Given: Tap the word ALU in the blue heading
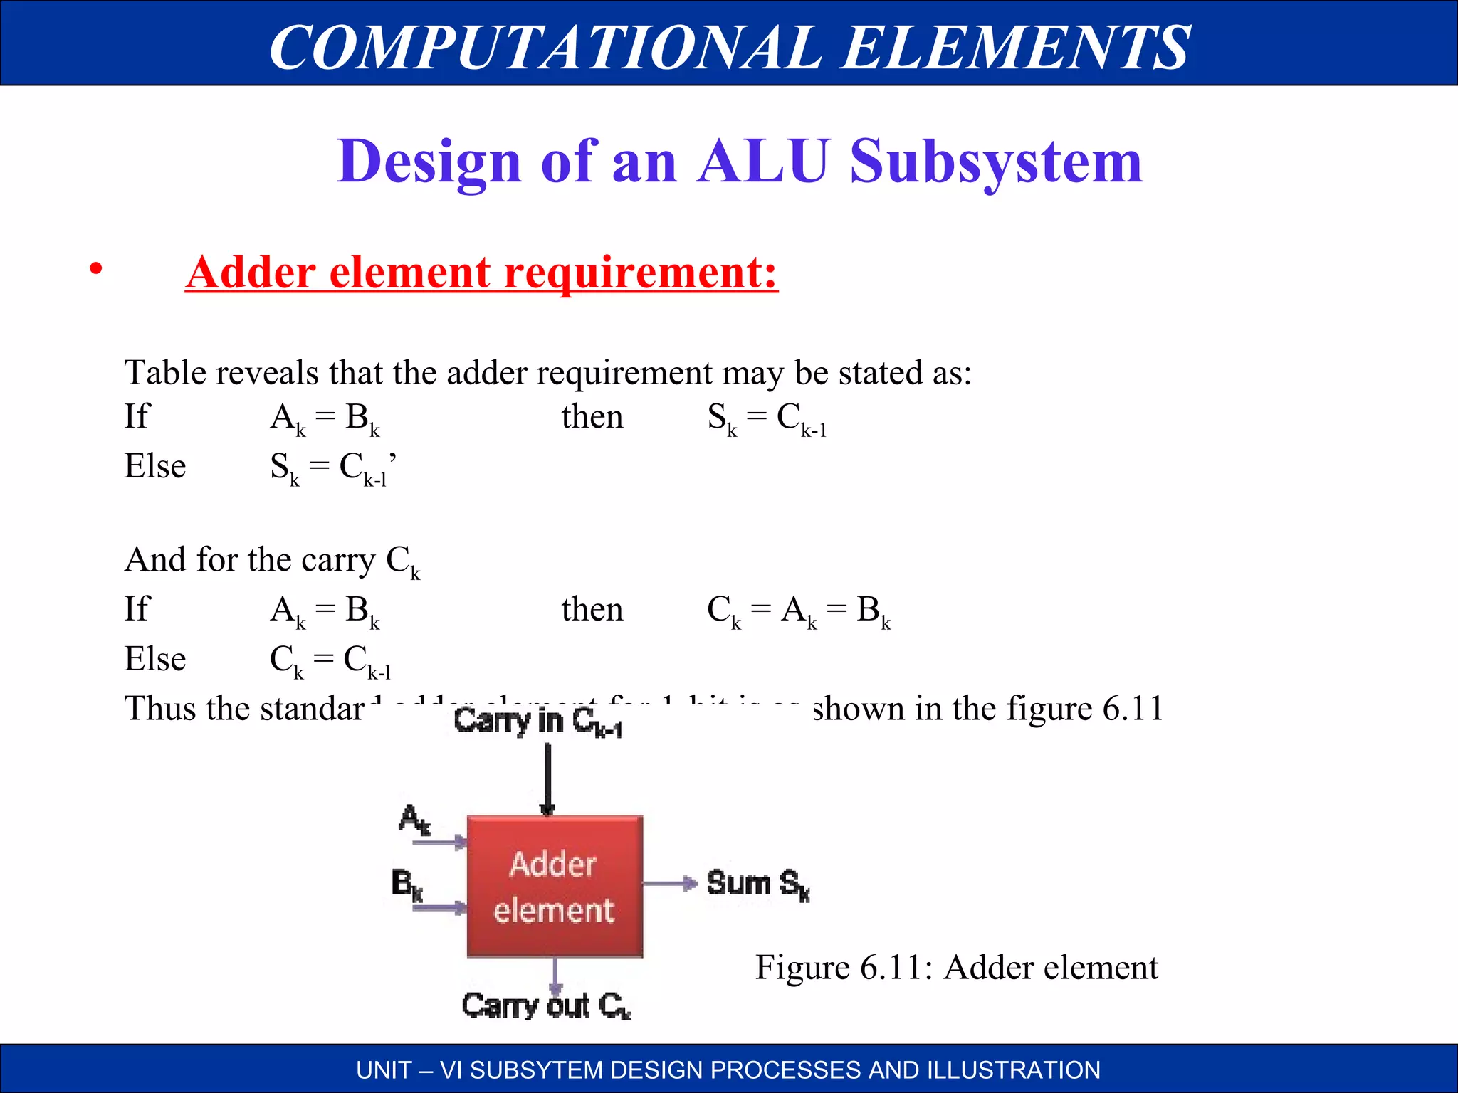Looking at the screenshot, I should click(763, 162).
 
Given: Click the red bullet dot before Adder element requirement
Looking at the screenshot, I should click(96, 270).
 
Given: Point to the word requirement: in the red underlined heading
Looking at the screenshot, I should click(641, 273).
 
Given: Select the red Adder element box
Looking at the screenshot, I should click(555, 886).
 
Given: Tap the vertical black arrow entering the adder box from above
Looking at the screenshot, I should click(547, 778).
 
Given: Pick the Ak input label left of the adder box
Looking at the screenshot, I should click(414, 819).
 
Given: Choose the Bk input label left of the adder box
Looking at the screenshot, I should click(407, 885).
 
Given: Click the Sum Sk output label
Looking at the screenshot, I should click(757, 885).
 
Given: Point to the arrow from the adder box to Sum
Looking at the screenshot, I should click(670, 884).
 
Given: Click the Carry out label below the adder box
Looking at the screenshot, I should click(545, 1006).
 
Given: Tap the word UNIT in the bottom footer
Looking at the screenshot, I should click(384, 1070).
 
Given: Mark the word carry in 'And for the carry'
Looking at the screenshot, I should click(338, 560).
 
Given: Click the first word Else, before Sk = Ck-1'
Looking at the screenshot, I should click(155, 467).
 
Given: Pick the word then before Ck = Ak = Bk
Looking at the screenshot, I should click(592, 610).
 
